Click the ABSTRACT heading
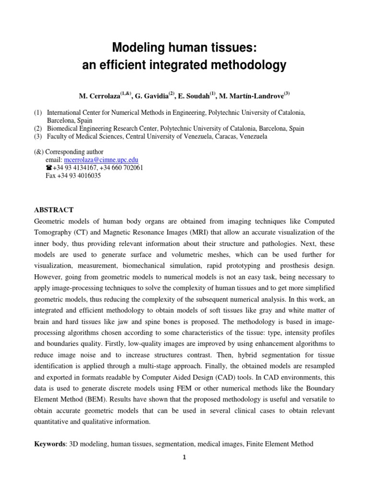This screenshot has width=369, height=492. (53, 210)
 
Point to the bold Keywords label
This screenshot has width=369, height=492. (51, 444)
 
